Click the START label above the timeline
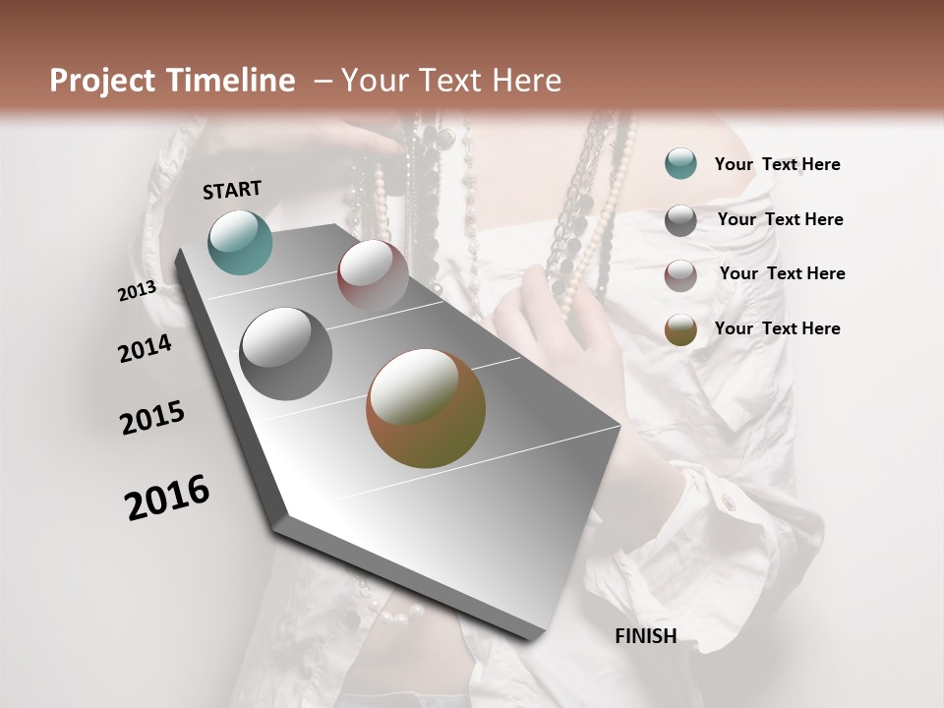point(232,190)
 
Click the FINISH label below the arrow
point(646,636)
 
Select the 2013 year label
point(137,291)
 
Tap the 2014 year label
point(145,348)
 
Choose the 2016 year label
point(167,498)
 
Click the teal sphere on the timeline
point(240,242)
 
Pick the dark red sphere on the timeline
point(373,274)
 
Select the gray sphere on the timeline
point(286,353)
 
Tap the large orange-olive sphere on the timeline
point(426,407)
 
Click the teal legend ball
point(680,164)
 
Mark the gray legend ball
point(680,220)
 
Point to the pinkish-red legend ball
point(680,275)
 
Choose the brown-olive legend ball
point(680,329)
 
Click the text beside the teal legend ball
point(777,164)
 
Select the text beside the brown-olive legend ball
point(777,328)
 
